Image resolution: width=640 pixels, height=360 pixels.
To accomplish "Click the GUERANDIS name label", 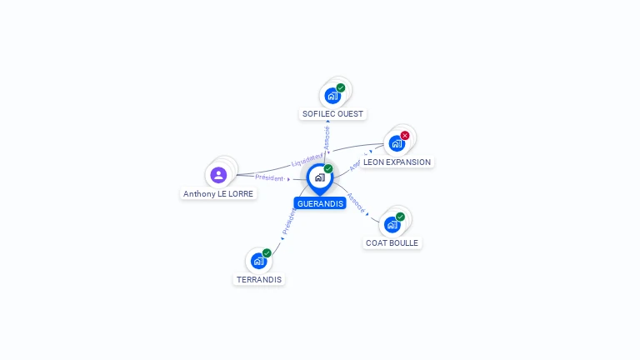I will click(320, 203).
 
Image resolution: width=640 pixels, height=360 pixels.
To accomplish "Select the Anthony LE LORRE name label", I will click(218, 193).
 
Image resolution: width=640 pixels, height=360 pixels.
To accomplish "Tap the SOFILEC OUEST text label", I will click(333, 113).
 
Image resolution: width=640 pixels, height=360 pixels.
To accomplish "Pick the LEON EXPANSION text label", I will click(397, 162).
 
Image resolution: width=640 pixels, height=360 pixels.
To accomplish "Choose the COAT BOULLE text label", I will click(392, 242).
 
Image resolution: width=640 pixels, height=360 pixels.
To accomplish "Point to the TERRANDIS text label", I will click(259, 279).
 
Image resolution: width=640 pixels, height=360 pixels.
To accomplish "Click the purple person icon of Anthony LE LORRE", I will click(218, 175).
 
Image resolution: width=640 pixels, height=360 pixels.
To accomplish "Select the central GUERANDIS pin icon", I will click(319, 177).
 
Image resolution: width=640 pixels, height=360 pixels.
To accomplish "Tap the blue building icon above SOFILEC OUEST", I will click(332, 95).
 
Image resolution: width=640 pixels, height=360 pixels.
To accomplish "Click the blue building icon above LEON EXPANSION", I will click(397, 143).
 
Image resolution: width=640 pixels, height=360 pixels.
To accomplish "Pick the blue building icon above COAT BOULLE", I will click(392, 224).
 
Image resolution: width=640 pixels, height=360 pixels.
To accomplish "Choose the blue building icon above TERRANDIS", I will click(258, 261).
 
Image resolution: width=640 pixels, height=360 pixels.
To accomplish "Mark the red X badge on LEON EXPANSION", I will click(405, 135).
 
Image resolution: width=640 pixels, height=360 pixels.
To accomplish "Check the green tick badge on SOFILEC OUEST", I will click(341, 87).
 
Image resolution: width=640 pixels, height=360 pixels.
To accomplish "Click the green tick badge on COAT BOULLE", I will click(400, 217).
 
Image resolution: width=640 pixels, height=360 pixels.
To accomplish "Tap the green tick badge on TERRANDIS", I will click(267, 252).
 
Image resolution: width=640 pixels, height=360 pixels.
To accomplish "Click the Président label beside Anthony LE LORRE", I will click(269, 177).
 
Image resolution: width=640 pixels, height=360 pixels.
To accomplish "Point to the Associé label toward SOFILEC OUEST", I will click(327, 137).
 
